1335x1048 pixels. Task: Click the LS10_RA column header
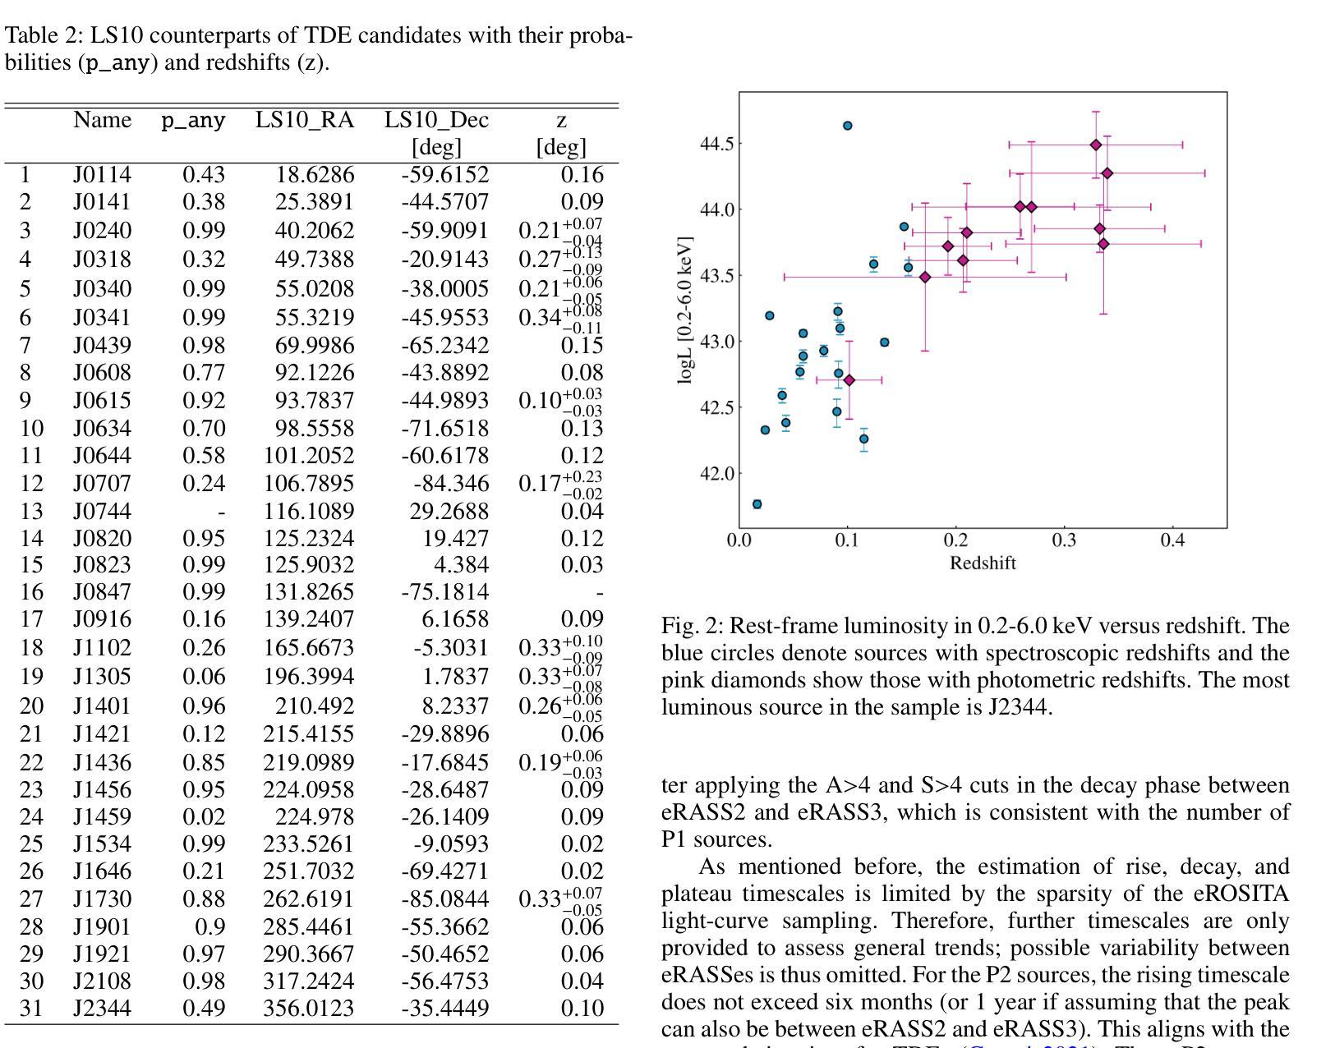coord(305,120)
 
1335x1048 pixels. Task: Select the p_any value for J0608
coord(204,373)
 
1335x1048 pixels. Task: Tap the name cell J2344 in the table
coord(102,1008)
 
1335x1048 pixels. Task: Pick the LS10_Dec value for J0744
coord(449,512)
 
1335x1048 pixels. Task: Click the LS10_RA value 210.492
coord(315,706)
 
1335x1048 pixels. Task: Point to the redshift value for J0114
coord(582,175)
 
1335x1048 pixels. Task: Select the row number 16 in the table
coord(31,592)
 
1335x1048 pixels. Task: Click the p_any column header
coord(194,121)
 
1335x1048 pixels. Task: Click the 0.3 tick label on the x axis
coord(1064,541)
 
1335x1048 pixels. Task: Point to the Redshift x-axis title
coord(983,563)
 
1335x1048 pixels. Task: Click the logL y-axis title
coord(686,310)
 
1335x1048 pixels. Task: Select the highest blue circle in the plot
coord(847,126)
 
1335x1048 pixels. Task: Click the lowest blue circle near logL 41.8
coord(757,504)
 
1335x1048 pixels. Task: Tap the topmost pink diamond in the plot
coord(1095,145)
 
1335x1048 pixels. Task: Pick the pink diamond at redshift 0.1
coord(849,380)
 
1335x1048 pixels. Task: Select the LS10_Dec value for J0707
coord(451,484)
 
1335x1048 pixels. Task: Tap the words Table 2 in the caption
coord(43,35)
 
